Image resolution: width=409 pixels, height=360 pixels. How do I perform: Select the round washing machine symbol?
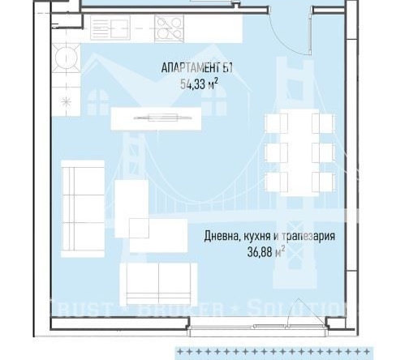point(62,58)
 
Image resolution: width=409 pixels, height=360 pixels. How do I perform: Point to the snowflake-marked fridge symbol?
point(62,101)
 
